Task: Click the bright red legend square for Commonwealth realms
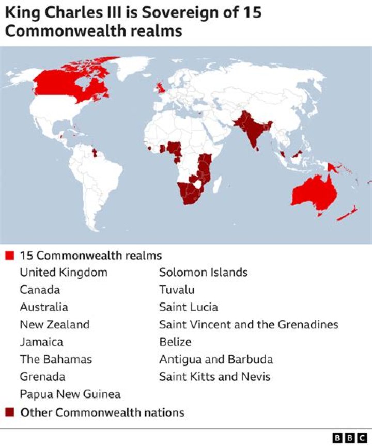click(x=9, y=256)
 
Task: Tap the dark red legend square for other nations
click(x=9, y=412)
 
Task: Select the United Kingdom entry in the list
click(x=64, y=272)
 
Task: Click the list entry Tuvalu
click(x=177, y=290)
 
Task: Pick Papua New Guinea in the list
click(x=70, y=394)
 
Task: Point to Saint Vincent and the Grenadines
click(x=249, y=325)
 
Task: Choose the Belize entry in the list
click(x=175, y=342)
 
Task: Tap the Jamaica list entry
click(x=41, y=342)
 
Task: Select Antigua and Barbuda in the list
click(x=216, y=359)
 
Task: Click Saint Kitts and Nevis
click(x=215, y=377)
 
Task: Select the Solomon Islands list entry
click(x=204, y=272)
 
